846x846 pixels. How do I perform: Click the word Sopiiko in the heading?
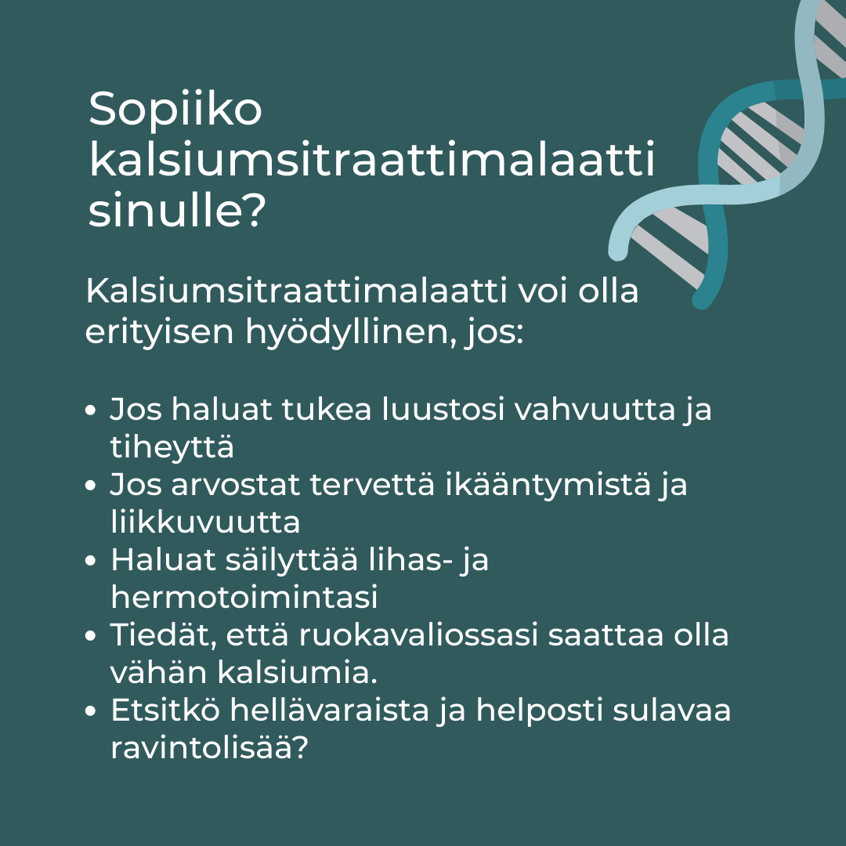coord(175,110)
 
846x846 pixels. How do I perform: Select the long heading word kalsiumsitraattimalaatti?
coord(371,161)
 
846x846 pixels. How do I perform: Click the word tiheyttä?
coord(172,447)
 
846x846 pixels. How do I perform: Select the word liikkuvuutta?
coord(205,522)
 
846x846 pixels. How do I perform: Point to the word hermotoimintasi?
coord(244,598)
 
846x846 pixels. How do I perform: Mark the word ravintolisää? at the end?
coord(208,748)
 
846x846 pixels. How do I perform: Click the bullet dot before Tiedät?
coord(92,637)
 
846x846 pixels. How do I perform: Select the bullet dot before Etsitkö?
coord(92,712)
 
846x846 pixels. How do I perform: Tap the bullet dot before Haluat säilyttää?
coord(92,562)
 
